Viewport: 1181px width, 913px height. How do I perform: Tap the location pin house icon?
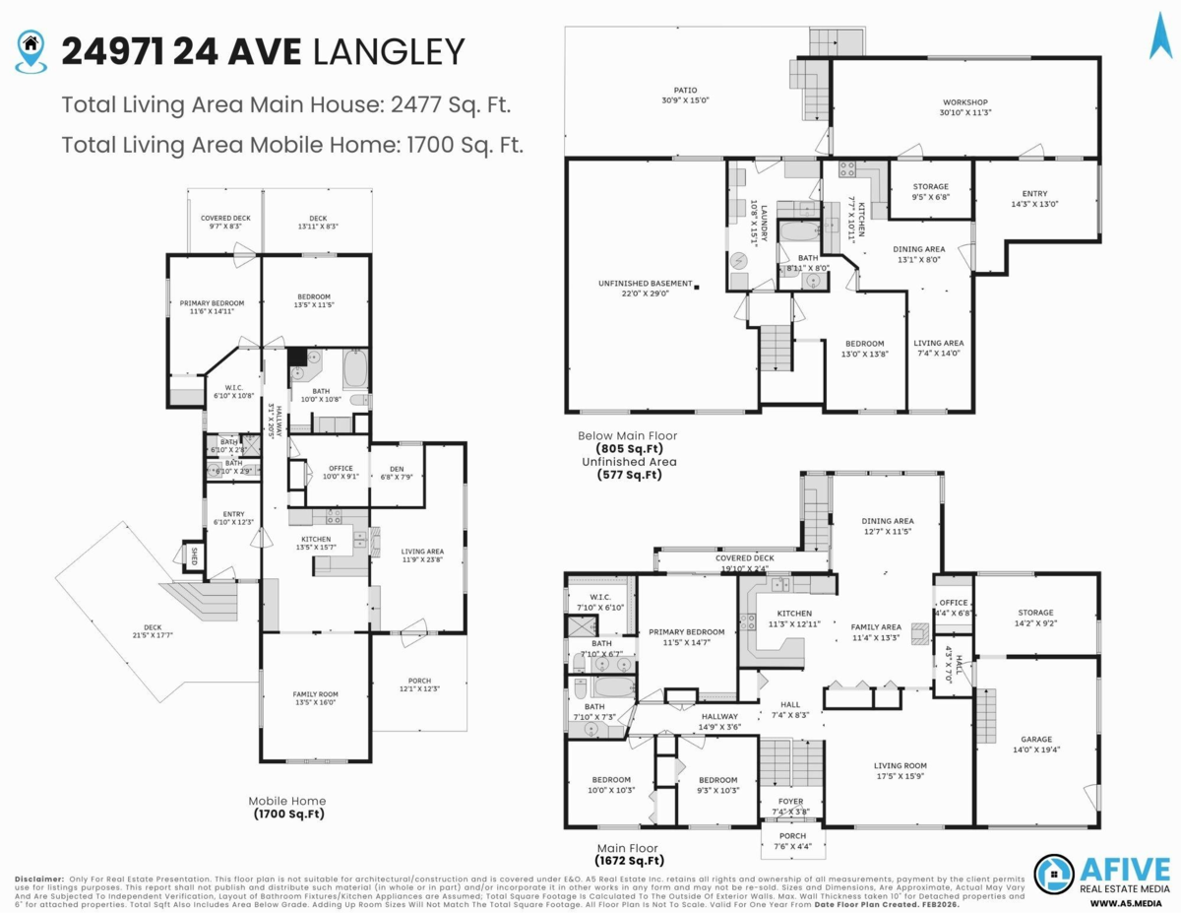click(x=31, y=48)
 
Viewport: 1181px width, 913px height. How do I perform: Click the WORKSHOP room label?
click(x=964, y=102)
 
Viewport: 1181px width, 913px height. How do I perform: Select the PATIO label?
click(x=687, y=91)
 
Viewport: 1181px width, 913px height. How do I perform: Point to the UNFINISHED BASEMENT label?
click(x=646, y=284)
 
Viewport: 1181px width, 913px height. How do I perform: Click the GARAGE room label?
click(x=1035, y=739)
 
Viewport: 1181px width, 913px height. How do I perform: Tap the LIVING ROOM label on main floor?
click(x=901, y=765)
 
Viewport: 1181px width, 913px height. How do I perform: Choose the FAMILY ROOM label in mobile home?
click(x=315, y=694)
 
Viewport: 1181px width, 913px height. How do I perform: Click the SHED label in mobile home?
click(x=194, y=555)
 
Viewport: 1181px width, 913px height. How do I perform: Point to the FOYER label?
click(x=792, y=802)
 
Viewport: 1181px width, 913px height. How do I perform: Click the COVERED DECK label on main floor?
click(x=745, y=558)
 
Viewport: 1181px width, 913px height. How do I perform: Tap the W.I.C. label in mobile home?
click(x=233, y=388)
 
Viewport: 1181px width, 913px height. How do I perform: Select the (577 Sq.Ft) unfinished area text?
click(x=629, y=475)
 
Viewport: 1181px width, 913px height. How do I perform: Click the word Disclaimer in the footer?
click(x=37, y=878)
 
